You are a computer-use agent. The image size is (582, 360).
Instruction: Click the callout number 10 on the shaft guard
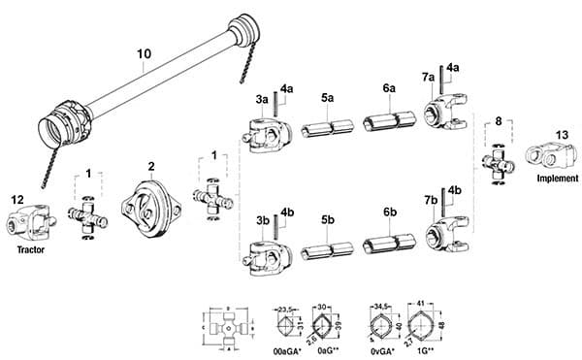tap(143, 53)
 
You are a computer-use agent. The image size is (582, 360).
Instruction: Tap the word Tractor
tap(30, 249)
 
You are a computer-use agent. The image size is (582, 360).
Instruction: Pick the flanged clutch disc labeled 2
tap(150, 206)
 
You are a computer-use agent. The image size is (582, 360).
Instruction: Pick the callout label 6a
tap(389, 88)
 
